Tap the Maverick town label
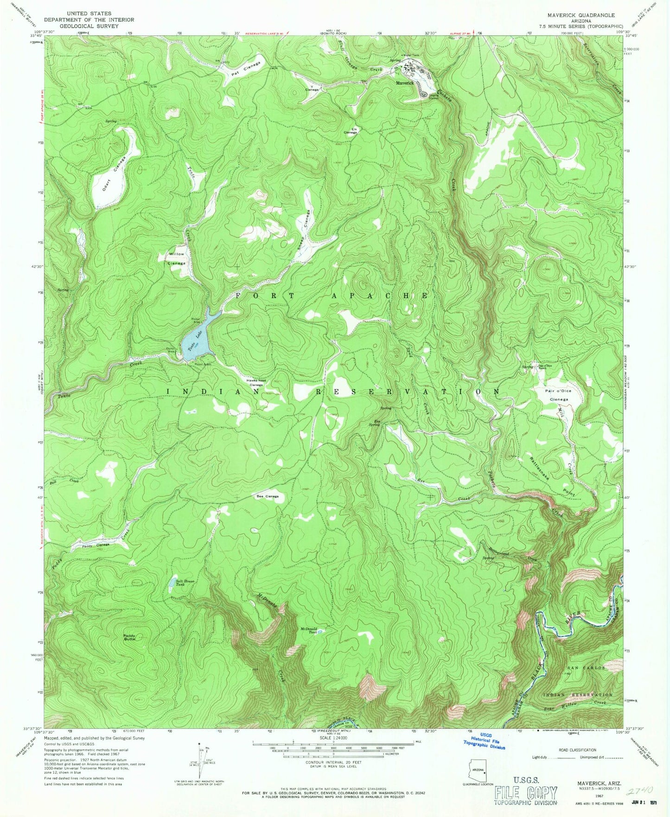[x=404, y=83]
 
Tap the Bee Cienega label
[x=268, y=496]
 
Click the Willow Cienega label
[x=176, y=258]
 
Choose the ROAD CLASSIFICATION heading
[x=577, y=750]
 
